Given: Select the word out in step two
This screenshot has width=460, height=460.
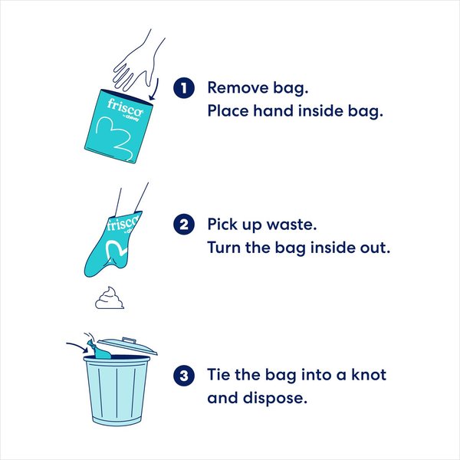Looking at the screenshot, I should [372, 248].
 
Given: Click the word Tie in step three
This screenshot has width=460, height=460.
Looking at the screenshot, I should [222, 376].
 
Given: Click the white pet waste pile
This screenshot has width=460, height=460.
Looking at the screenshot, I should [110, 297].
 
